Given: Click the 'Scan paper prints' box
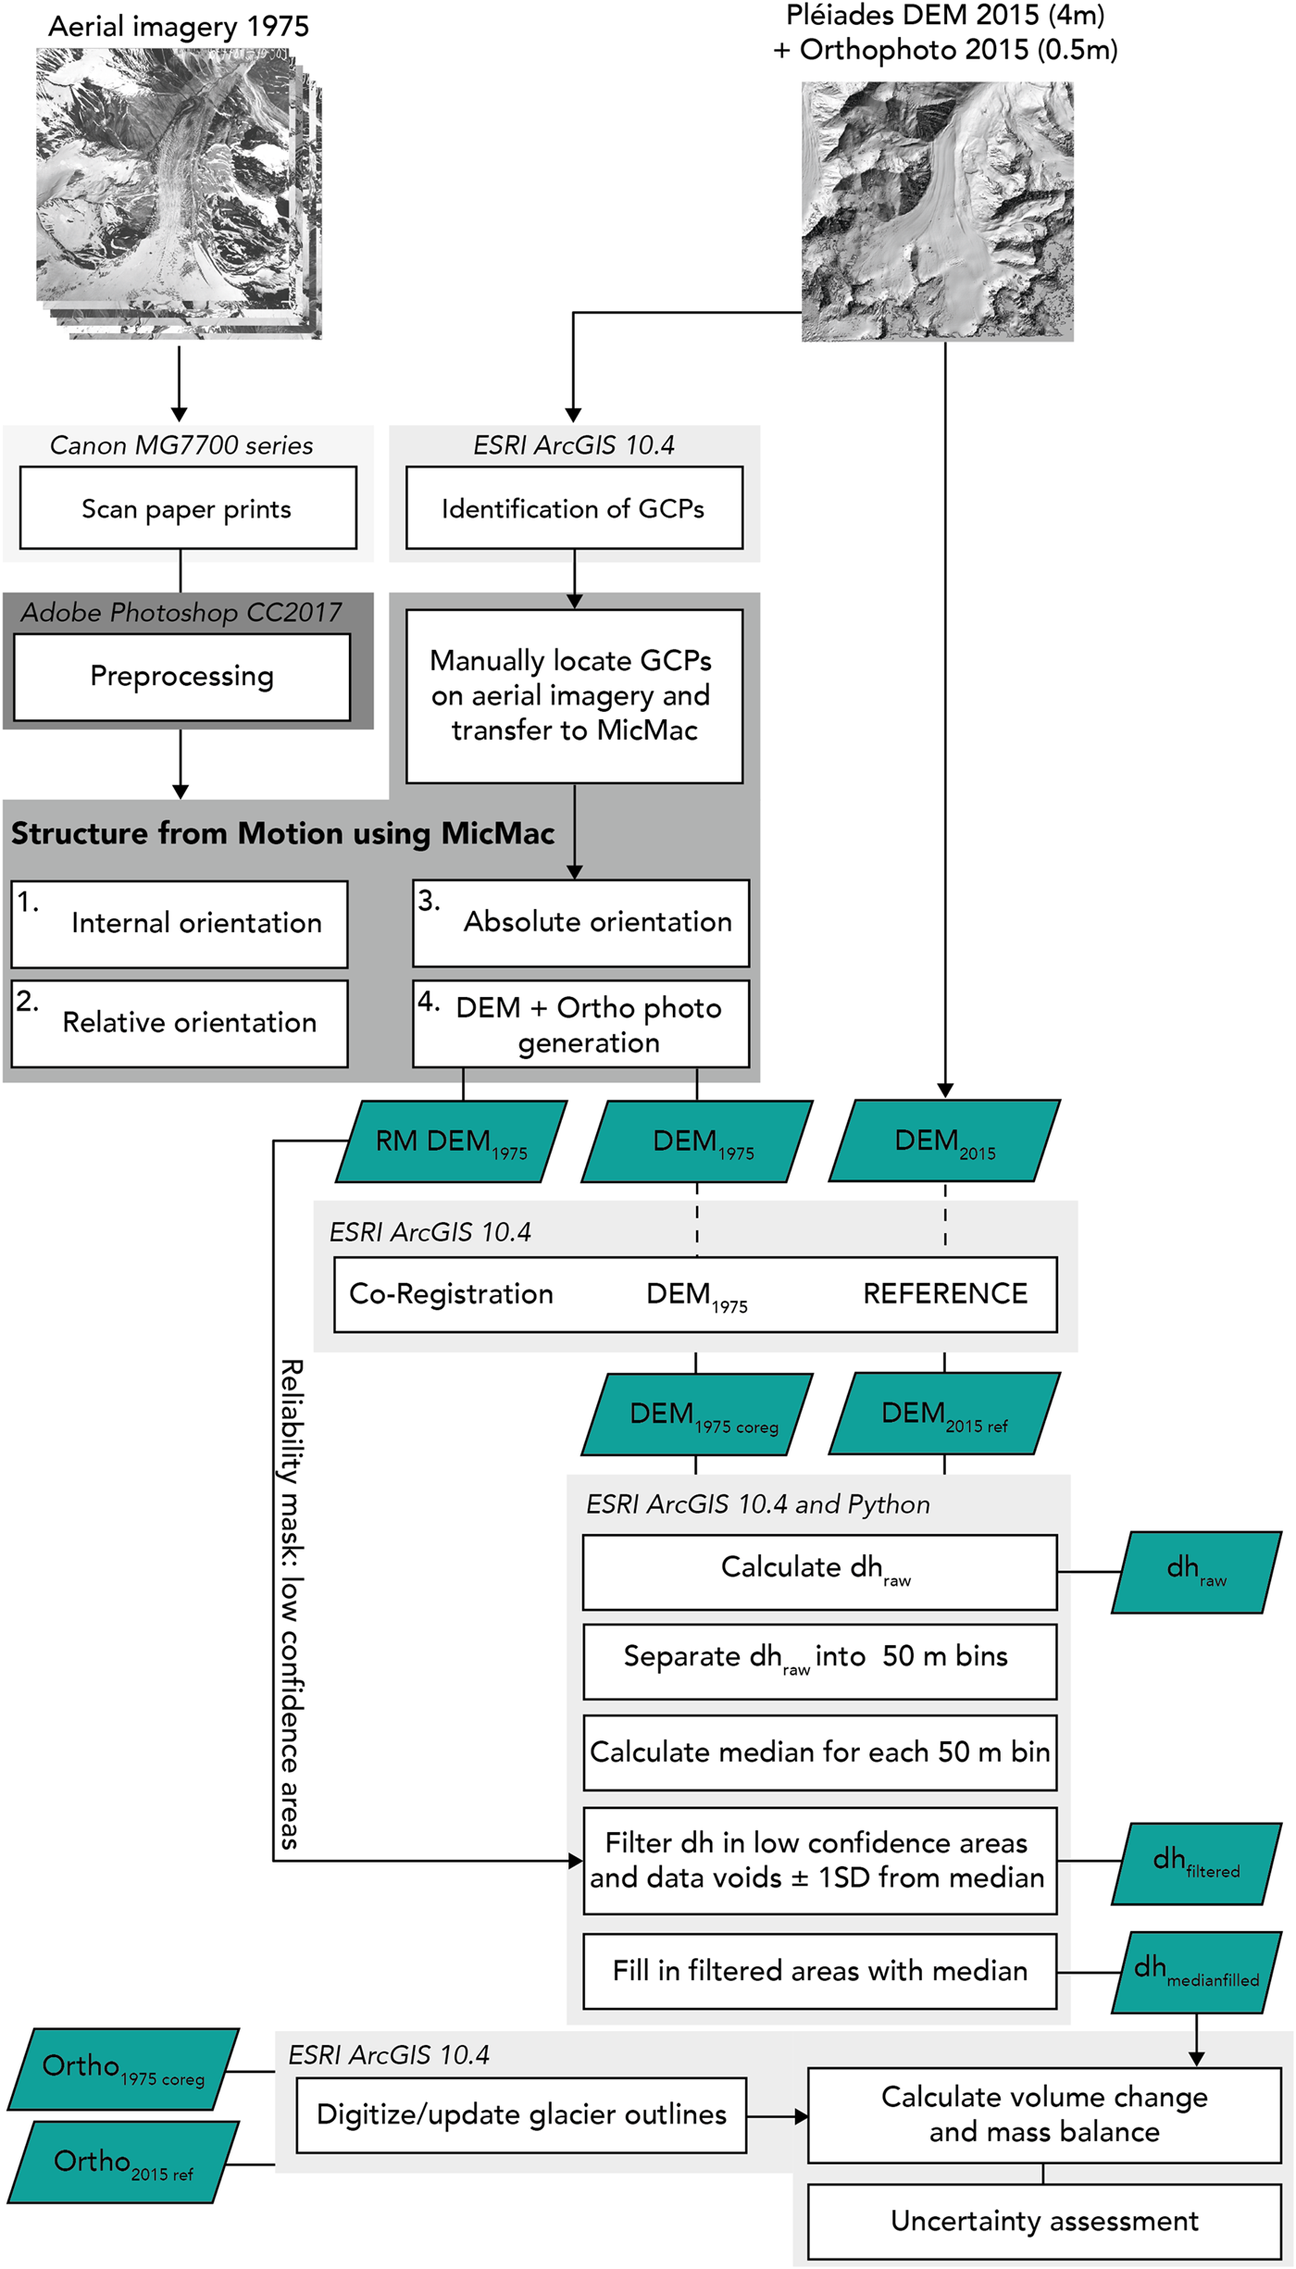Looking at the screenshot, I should point(188,508).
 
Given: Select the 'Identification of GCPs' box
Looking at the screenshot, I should point(574,508).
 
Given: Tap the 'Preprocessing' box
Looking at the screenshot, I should point(182,677).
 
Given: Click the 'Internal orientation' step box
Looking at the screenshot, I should point(180,924).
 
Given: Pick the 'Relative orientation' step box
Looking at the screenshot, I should point(180,1023).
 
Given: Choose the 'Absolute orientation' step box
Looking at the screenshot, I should point(580,923).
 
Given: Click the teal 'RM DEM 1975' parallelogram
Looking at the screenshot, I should point(451,1141).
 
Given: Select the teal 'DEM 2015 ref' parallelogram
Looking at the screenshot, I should point(944,1414).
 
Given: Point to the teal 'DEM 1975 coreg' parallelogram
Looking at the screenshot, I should point(697,1414).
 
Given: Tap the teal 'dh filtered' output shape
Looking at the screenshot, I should point(1196,1864).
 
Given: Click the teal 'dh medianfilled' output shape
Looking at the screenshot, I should point(1196,1972).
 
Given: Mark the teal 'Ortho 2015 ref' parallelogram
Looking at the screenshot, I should point(123,2163).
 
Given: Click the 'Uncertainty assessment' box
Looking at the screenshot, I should point(1044,2221).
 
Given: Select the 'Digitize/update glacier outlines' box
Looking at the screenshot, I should point(521,2114).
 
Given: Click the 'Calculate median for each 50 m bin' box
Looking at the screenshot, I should point(820,1752).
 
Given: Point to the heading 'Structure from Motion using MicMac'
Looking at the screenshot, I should point(282,833).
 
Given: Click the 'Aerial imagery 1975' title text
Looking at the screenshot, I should point(179,27).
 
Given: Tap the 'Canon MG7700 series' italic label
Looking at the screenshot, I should point(181,445).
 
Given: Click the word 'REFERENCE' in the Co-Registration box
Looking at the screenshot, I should point(945,1293).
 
